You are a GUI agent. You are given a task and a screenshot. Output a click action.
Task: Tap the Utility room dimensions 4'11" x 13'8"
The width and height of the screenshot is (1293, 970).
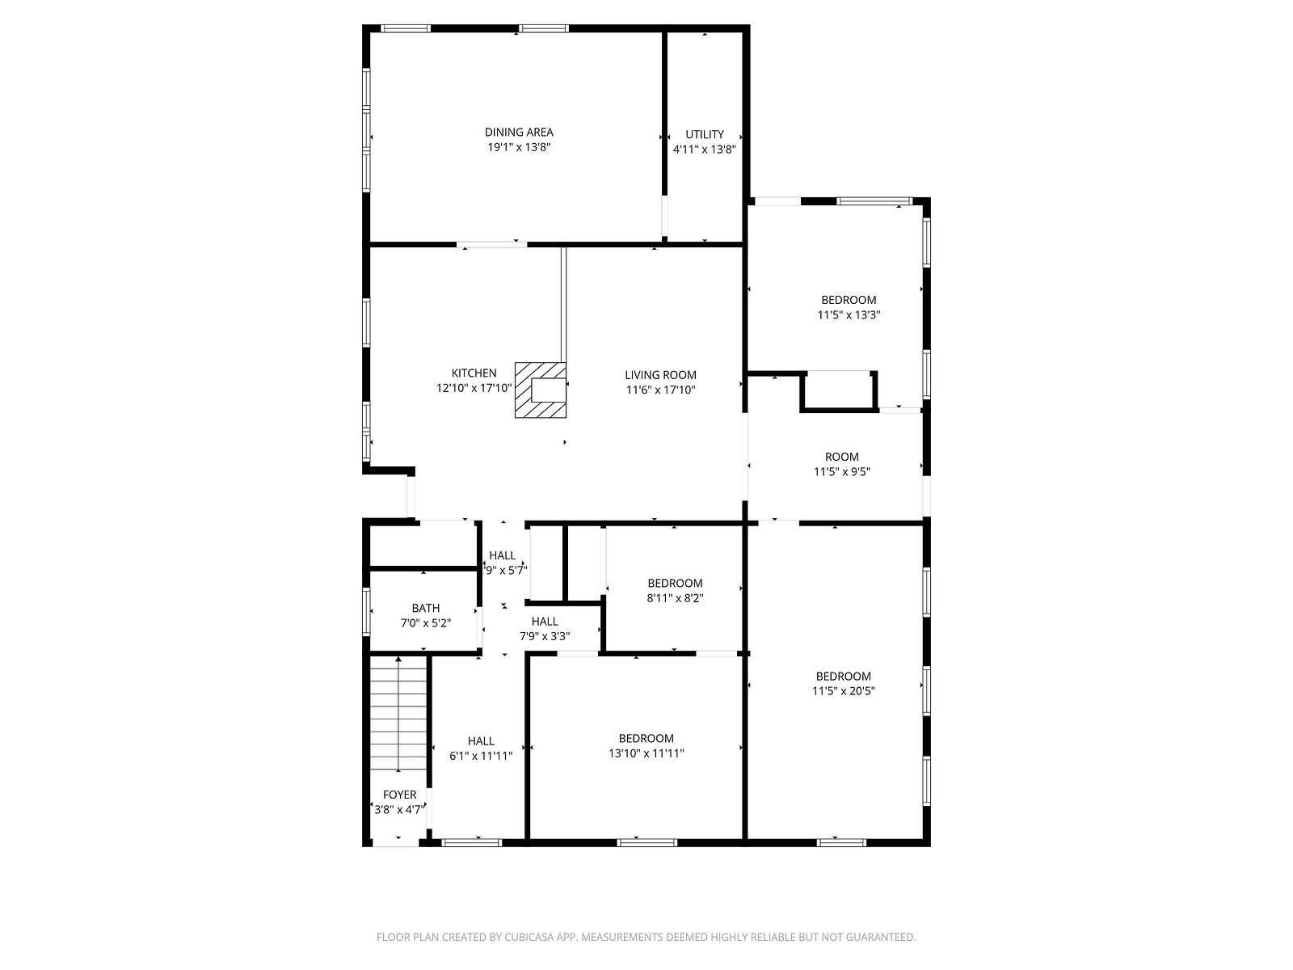[705, 150]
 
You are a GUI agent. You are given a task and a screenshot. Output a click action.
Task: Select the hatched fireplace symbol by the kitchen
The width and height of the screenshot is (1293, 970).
[540, 390]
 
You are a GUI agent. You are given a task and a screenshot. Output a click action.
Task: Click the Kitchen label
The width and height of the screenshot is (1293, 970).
[474, 373]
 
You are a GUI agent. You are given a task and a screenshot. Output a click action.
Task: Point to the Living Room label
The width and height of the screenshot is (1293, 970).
[660, 375]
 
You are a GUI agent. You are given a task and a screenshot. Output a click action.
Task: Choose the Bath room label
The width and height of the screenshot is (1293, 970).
[425, 609]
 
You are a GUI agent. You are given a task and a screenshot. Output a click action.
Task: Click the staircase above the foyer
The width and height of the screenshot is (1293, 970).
[398, 714]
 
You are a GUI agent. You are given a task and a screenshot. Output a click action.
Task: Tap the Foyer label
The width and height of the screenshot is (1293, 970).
[399, 795]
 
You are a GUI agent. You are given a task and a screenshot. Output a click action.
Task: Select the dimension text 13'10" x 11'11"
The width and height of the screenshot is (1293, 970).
[646, 753]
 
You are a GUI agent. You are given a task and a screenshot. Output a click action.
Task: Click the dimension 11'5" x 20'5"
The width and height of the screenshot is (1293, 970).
[844, 691]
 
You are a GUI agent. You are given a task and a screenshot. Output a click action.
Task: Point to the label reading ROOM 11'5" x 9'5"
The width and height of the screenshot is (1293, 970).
[842, 464]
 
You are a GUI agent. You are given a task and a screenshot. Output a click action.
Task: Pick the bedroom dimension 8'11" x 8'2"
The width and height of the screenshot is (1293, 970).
[675, 598]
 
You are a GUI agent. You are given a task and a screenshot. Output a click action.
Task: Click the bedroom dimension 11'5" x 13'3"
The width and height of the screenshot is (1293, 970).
[849, 315]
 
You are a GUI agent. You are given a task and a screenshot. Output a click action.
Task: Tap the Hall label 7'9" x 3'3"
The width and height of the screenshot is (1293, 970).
[545, 629]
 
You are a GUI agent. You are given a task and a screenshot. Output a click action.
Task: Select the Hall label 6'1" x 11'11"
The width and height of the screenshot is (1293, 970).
[481, 749]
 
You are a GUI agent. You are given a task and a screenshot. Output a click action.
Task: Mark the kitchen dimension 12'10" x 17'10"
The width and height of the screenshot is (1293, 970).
[474, 388]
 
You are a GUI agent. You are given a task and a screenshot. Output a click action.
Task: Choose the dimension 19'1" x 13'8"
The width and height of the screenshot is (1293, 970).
[518, 147]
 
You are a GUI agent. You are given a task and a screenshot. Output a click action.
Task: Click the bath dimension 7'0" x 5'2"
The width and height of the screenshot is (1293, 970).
[425, 623]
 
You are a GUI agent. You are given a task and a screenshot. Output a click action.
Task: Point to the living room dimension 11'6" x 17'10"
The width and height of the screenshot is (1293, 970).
[660, 390]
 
